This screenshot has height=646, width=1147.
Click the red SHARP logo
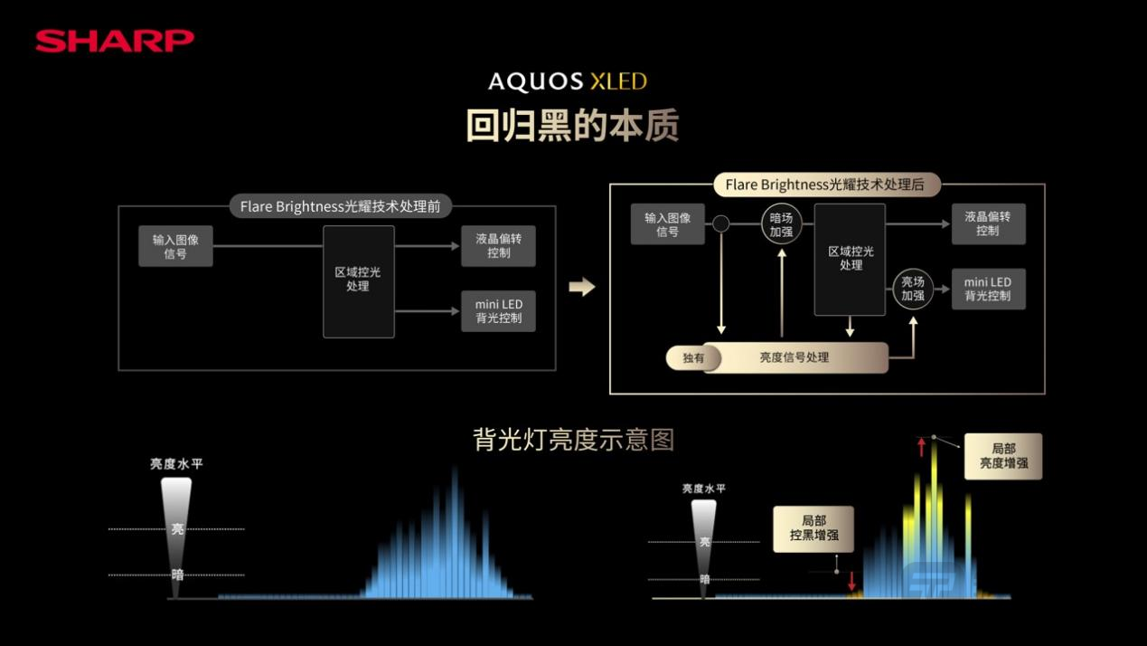(115, 41)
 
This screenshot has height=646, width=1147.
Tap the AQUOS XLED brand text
(568, 81)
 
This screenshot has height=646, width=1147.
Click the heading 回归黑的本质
(572, 127)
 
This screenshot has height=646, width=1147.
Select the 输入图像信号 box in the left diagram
(175, 246)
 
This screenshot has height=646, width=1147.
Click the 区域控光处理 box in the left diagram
(358, 280)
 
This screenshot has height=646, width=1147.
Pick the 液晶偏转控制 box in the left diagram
(498, 246)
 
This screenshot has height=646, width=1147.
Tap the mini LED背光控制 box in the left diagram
(498, 311)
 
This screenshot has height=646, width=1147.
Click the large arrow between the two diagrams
(582, 287)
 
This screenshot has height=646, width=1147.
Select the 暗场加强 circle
(781, 223)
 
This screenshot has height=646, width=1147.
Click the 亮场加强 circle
(913, 289)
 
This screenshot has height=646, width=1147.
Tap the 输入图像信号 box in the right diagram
(667, 224)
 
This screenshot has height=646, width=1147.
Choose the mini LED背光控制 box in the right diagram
(988, 289)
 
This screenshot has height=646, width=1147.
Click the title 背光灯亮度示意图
(573, 440)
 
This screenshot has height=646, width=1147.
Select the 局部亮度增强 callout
(1002, 456)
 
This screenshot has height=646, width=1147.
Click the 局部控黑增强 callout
(813, 528)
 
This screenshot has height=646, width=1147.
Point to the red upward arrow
(921, 446)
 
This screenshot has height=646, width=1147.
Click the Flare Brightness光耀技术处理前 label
(340, 207)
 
